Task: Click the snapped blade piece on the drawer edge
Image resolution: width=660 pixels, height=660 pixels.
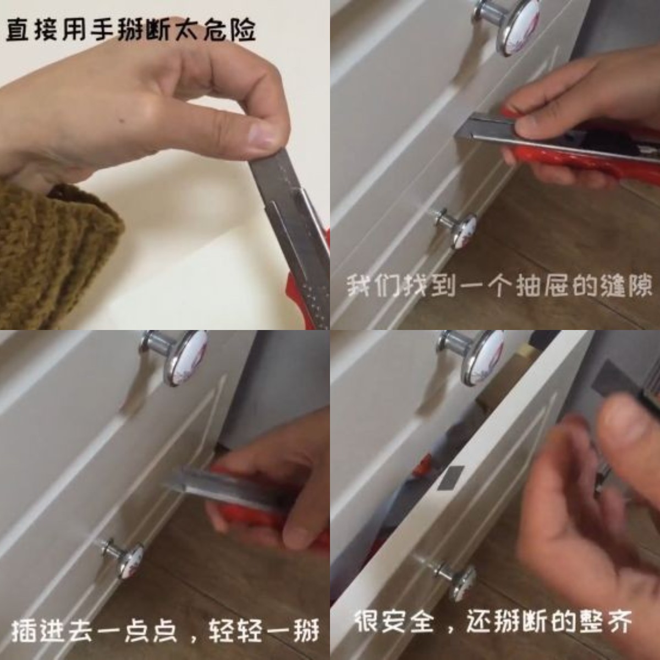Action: click(x=452, y=477)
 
